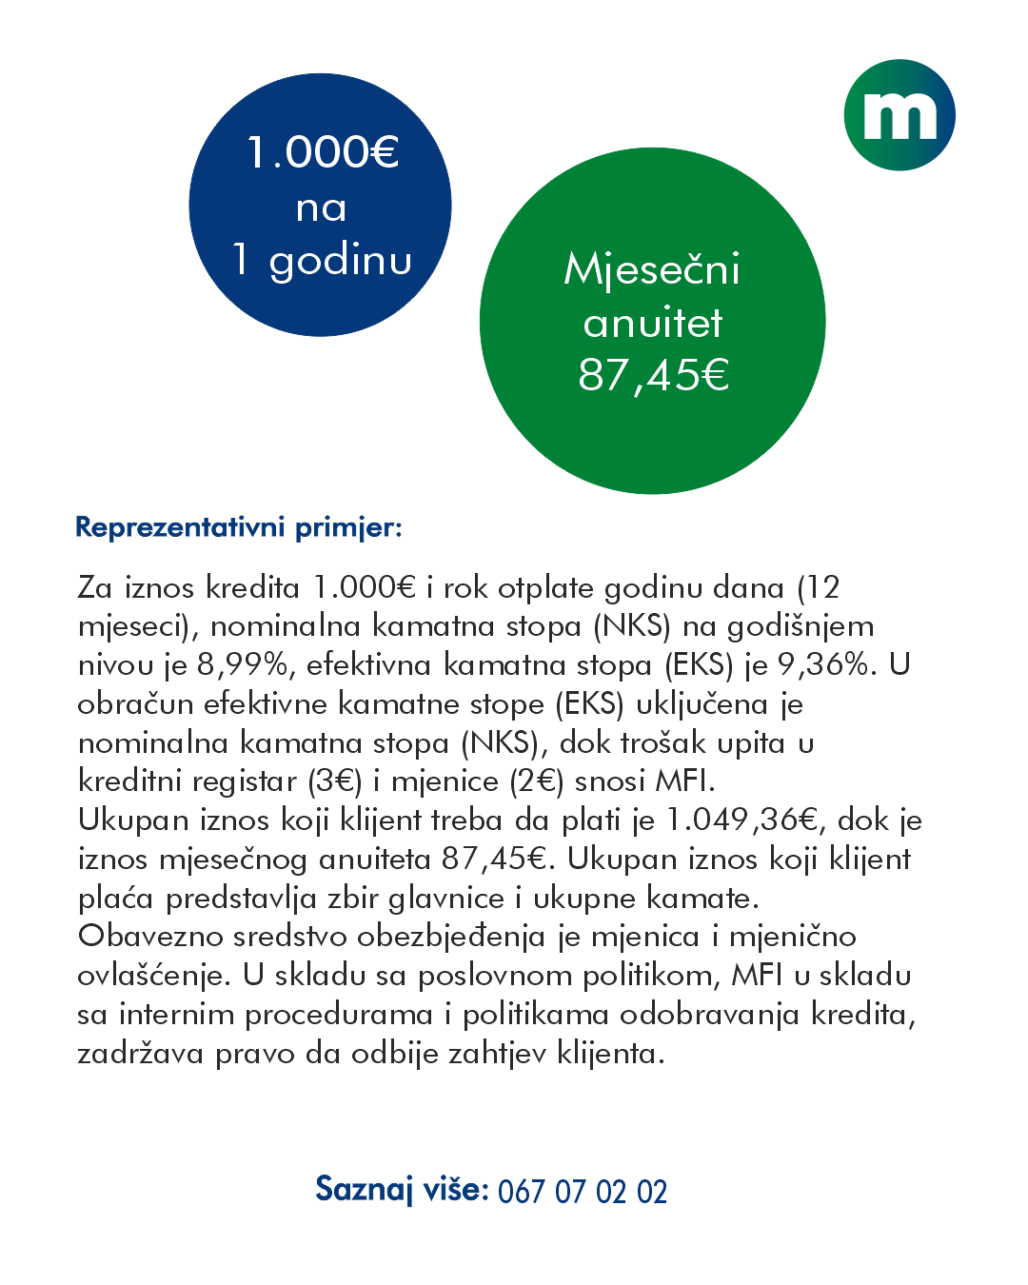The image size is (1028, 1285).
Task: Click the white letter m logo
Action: [899, 115]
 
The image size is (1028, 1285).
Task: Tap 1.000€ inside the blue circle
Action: [322, 152]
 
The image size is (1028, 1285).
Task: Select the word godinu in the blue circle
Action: [341, 261]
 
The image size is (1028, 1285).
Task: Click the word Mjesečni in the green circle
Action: [652, 269]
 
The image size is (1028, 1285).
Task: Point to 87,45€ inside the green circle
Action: [654, 374]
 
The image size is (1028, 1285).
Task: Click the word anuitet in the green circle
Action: [653, 324]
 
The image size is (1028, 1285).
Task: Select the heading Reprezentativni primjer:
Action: [239, 527]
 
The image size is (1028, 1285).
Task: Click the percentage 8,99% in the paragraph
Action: [246, 664]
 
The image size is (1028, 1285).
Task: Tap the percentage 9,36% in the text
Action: [825, 664]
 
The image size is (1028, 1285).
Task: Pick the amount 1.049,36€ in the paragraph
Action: [742, 820]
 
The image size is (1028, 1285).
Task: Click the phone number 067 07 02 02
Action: [583, 1192]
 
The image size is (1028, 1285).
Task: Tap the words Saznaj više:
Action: [402, 1190]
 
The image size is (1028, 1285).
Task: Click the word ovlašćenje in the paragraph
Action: [153, 977]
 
